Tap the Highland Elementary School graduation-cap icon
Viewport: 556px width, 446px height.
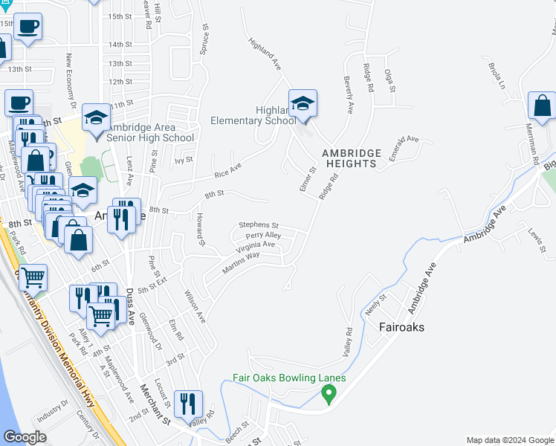click(303, 103)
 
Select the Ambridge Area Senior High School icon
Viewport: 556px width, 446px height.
click(96, 117)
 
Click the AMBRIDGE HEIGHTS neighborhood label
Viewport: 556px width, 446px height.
click(352, 158)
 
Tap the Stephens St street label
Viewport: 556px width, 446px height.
click(258, 225)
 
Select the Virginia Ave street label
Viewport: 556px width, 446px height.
click(256, 245)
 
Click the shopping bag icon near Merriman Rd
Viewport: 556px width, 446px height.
click(541, 106)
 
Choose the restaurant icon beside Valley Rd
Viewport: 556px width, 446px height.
click(188, 404)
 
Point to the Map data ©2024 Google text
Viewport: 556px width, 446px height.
click(510, 440)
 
